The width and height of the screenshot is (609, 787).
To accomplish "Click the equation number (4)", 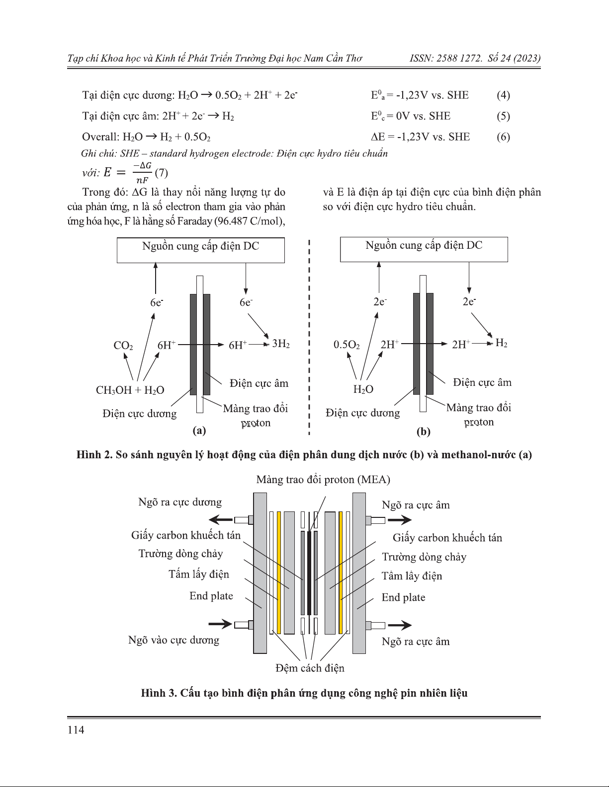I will pos(503,95).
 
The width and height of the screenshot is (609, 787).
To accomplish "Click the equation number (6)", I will pos(503,137).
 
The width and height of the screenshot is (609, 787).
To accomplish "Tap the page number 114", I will pos(76,729).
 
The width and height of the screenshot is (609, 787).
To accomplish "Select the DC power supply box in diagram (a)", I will pos(201,250).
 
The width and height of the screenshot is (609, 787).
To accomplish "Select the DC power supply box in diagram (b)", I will pos(424,249).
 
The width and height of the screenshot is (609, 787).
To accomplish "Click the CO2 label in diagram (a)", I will pos(123,345).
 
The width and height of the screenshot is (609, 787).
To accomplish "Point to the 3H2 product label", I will pos(281,344).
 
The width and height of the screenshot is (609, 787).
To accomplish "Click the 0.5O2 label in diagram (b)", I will pos(347,345).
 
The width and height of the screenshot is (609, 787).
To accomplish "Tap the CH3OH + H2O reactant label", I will pos(130,390).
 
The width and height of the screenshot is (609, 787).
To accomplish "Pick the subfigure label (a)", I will pos(199,430).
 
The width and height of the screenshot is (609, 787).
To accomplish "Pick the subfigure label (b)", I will pos(423,431).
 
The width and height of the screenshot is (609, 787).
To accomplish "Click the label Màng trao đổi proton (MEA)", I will pos(323,480).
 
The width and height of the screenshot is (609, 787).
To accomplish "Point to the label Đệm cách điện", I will pos(310,668).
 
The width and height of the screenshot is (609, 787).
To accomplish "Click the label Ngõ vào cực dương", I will pos(174,640).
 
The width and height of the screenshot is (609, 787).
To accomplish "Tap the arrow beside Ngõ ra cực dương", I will pos(220,520).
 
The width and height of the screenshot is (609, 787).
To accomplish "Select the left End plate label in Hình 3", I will pos(211,596).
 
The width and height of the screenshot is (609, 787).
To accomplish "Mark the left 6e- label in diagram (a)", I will pos(157,302).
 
